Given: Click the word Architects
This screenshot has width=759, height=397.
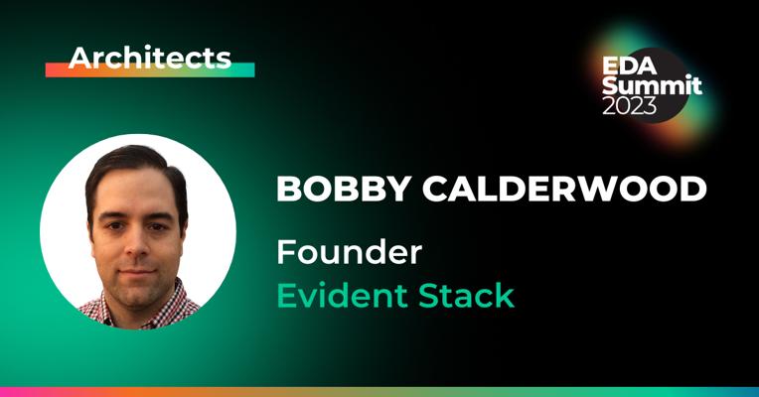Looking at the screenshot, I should [x=149, y=58].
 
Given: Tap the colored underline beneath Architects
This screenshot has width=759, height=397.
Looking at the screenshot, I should [x=149, y=70].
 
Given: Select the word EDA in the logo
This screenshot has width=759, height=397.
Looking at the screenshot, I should [x=627, y=66].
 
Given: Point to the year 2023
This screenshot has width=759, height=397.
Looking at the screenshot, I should [x=629, y=105].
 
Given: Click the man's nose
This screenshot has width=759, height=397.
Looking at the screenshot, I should [x=138, y=245].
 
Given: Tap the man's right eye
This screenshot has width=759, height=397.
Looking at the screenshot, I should [x=115, y=224].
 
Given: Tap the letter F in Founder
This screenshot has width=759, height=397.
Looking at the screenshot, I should [x=284, y=252].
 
